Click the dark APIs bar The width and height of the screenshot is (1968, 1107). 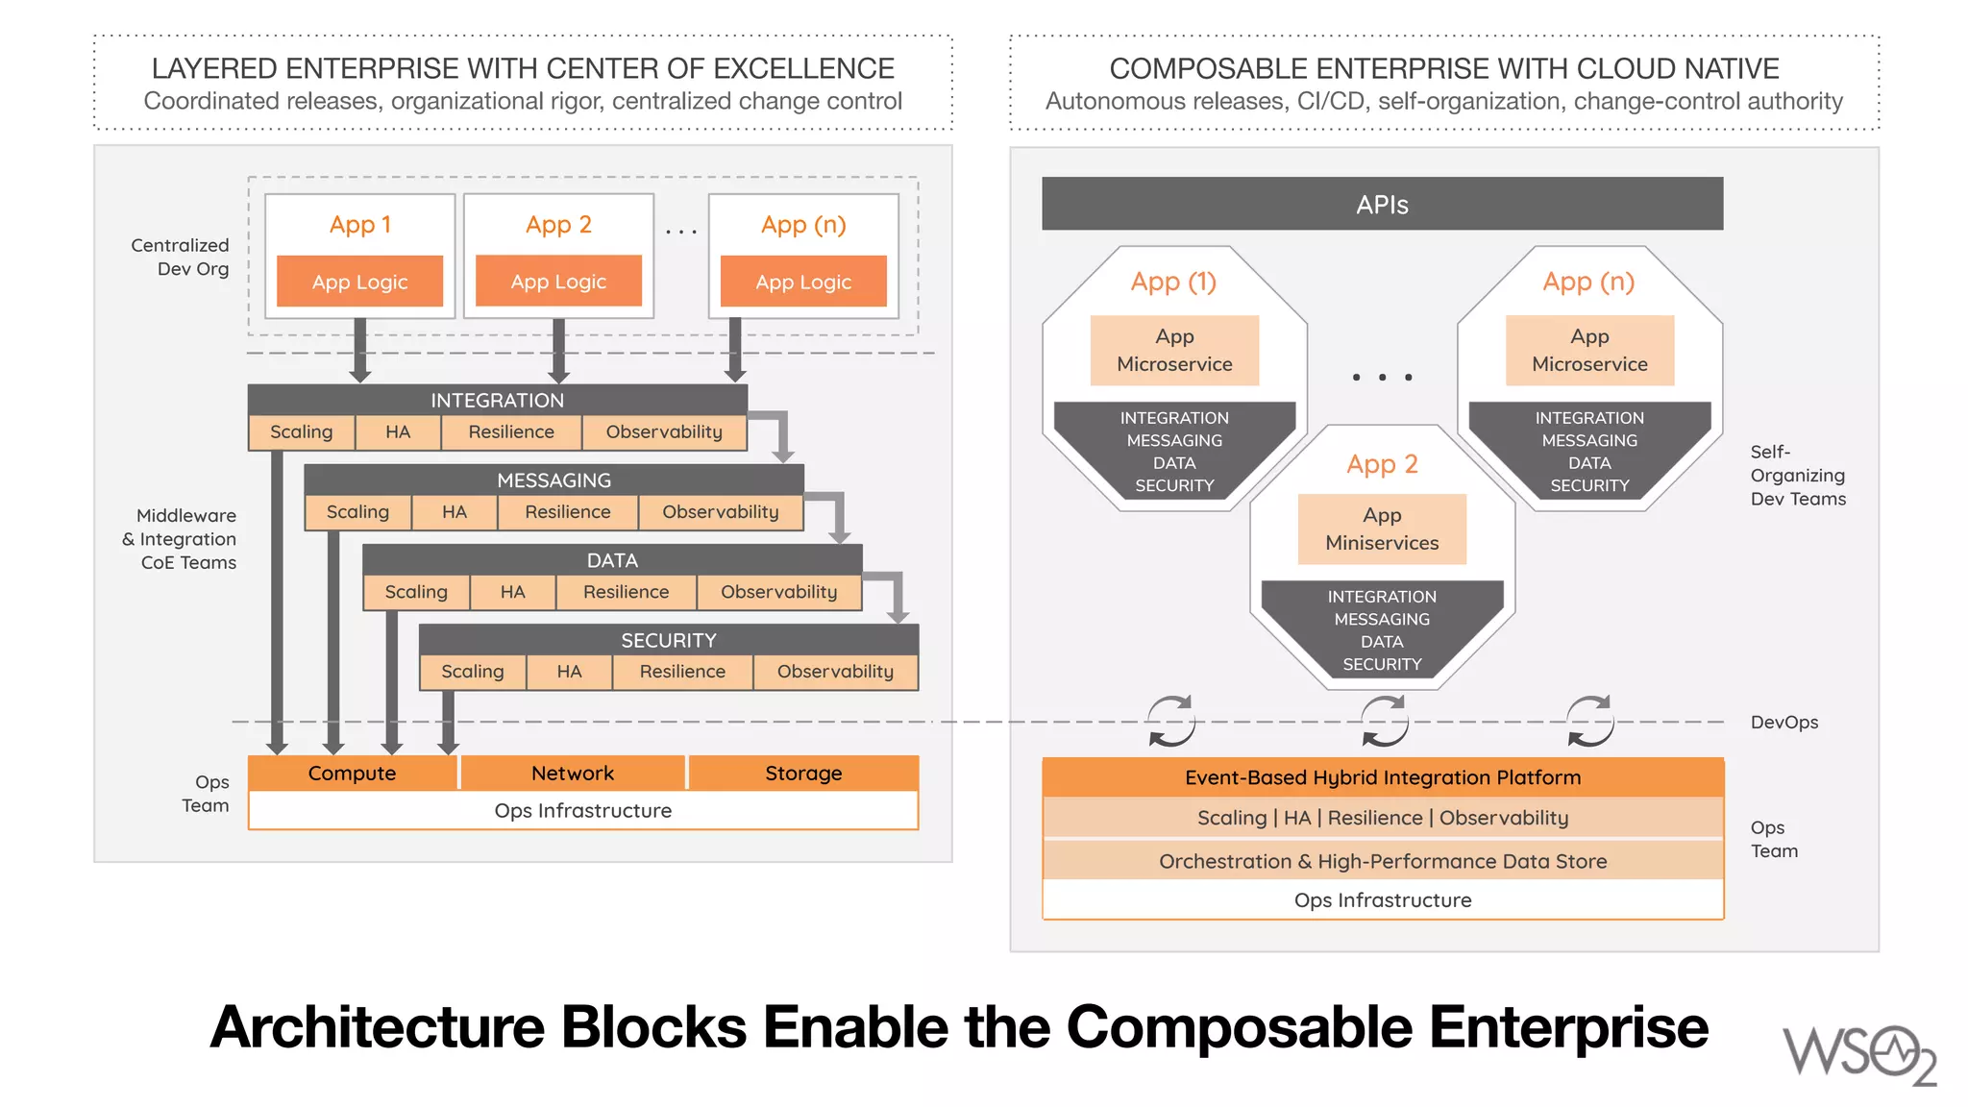click(1382, 204)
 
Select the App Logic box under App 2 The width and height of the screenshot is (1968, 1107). click(558, 282)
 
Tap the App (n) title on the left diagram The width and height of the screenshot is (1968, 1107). click(803, 225)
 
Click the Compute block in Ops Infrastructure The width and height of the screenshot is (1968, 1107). click(352, 774)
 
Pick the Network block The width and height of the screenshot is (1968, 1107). click(573, 774)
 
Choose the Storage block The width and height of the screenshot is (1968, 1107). click(803, 774)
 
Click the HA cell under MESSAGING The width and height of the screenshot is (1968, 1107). click(455, 512)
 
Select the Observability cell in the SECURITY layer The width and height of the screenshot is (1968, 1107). click(835, 672)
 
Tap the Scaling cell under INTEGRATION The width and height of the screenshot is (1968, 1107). click(301, 432)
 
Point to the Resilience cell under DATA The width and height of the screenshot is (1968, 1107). click(626, 592)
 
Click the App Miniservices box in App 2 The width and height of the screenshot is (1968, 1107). click(1382, 529)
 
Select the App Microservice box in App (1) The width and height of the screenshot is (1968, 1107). click(1174, 351)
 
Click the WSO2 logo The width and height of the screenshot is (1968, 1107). click(1858, 1055)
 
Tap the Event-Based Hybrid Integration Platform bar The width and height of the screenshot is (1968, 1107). click(1382, 777)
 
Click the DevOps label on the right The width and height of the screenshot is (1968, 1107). click(1784, 723)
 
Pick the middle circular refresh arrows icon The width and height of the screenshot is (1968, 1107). click(1385, 722)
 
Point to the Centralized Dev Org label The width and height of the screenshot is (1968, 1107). click(181, 257)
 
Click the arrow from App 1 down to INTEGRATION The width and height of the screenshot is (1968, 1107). click(360, 351)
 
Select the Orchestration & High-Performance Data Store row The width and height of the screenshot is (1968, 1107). click(1382, 861)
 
